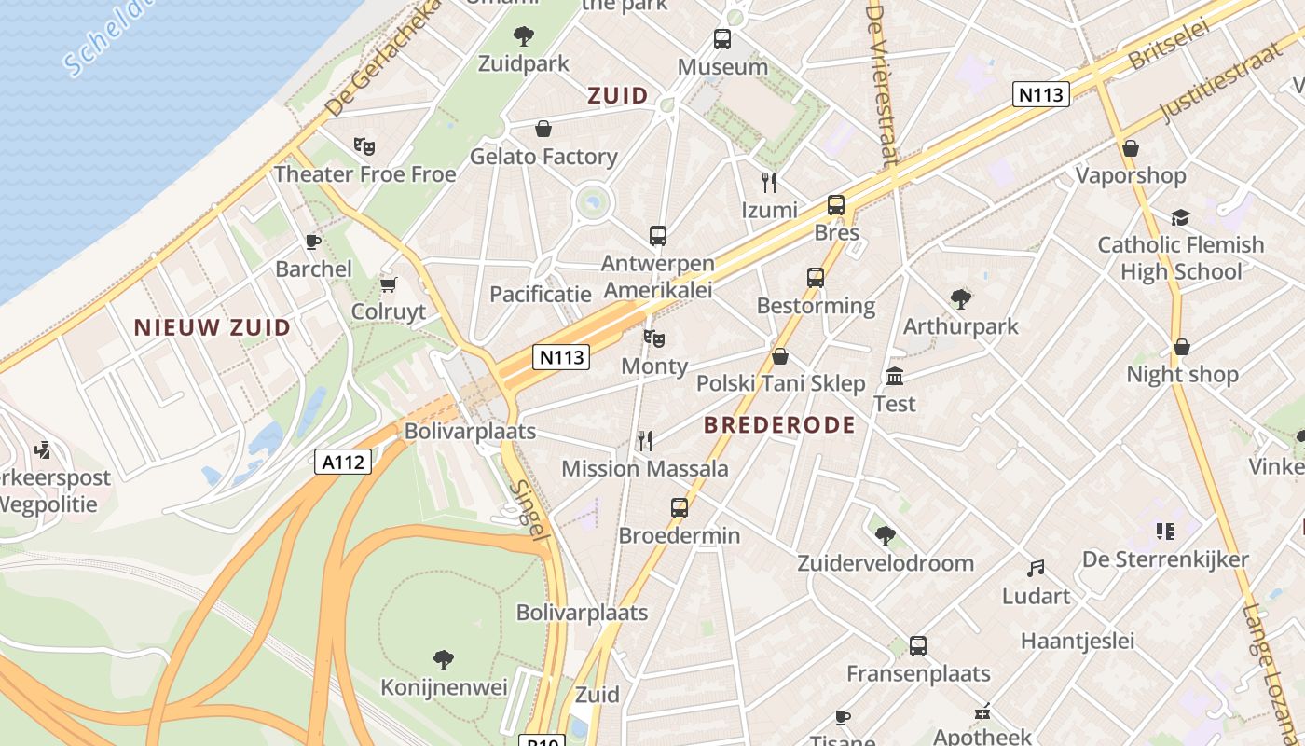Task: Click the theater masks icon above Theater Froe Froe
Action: point(364,146)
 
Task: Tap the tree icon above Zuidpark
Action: point(524,36)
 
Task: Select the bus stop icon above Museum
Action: point(722,39)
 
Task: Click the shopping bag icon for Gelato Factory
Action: point(543,129)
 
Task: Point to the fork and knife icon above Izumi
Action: point(769,182)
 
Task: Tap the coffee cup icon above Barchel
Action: point(313,242)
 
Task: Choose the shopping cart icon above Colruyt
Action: point(389,283)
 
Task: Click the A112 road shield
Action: point(343,461)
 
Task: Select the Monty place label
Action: point(654,366)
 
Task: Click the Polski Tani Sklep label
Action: point(781,383)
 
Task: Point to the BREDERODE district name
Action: point(779,425)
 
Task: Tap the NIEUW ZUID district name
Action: point(213,327)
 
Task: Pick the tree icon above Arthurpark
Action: point(961,299)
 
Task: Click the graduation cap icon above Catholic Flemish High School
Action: point(1180,217)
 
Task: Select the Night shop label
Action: point(1182,375)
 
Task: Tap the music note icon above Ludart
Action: point(1036,568)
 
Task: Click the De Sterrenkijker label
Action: point(1165,559)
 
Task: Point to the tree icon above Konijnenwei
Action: point(444,660)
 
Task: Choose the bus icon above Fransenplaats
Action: point(918,645)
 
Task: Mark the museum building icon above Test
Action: point(895,376)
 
